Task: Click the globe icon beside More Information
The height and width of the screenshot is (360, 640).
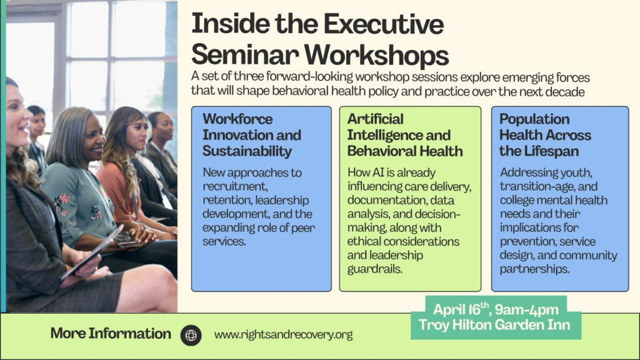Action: (x=191, y=335)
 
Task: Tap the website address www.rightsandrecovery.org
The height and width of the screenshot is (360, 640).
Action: (x=283, y=335)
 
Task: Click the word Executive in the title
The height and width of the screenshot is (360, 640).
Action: (x=384, y=24)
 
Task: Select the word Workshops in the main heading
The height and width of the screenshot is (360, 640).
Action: (x=376, y=55)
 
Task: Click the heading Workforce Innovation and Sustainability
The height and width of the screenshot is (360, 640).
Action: (x=252, y=135)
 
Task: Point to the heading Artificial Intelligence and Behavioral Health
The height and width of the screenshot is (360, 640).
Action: (x=405, y=135)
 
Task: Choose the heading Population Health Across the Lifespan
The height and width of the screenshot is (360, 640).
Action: (x=545, y=135)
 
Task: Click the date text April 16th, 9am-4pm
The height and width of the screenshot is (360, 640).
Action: (x=496, y=309)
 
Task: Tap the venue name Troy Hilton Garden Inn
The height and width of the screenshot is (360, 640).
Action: (x=494, y=325)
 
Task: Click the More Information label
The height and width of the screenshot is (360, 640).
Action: (x=111, y=334)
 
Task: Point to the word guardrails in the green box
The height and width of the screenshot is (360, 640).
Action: (x=374, y=269)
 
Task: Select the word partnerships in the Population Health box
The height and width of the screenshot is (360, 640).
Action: (x=534, y=269)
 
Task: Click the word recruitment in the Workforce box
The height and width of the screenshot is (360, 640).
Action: (x=235, y=186)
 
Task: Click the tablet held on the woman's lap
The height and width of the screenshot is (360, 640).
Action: (x=92, y=252)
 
